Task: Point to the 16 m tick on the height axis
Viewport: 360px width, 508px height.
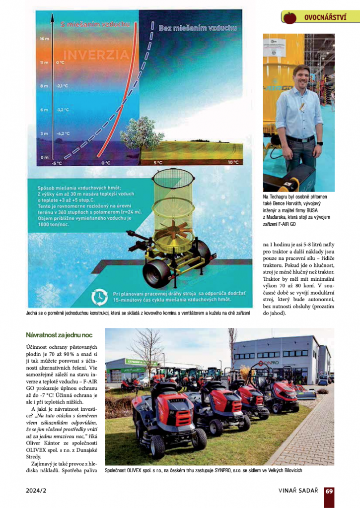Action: (44, 38)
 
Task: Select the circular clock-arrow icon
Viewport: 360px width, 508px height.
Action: (100, 296)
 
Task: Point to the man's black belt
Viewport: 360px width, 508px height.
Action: (299, 139)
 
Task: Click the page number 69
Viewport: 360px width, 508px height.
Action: (329, 491)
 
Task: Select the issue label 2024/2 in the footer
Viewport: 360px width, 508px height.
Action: (36, 491)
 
